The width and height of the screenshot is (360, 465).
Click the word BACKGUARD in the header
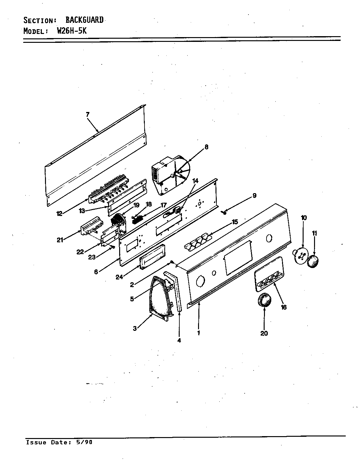(84, 20)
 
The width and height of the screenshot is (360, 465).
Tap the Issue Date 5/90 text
(59, 442)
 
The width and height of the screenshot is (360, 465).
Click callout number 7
(88, 115)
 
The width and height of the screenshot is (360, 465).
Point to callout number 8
(206, 147)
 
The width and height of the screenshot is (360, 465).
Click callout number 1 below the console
(199, 333)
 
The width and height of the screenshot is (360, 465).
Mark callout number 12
(59, 214)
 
